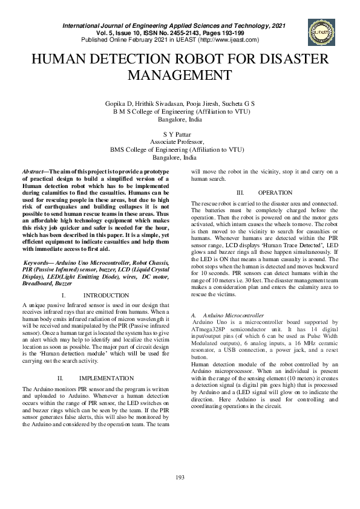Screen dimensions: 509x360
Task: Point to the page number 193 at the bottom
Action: tap(180, 478)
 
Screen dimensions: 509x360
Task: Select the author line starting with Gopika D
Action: tap(180, 104)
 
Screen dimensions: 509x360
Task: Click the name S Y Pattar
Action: tap(180, 134)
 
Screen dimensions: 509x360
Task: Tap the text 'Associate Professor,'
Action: tap(180, 141)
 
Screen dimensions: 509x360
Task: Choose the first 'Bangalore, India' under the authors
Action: tap(180, 119)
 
